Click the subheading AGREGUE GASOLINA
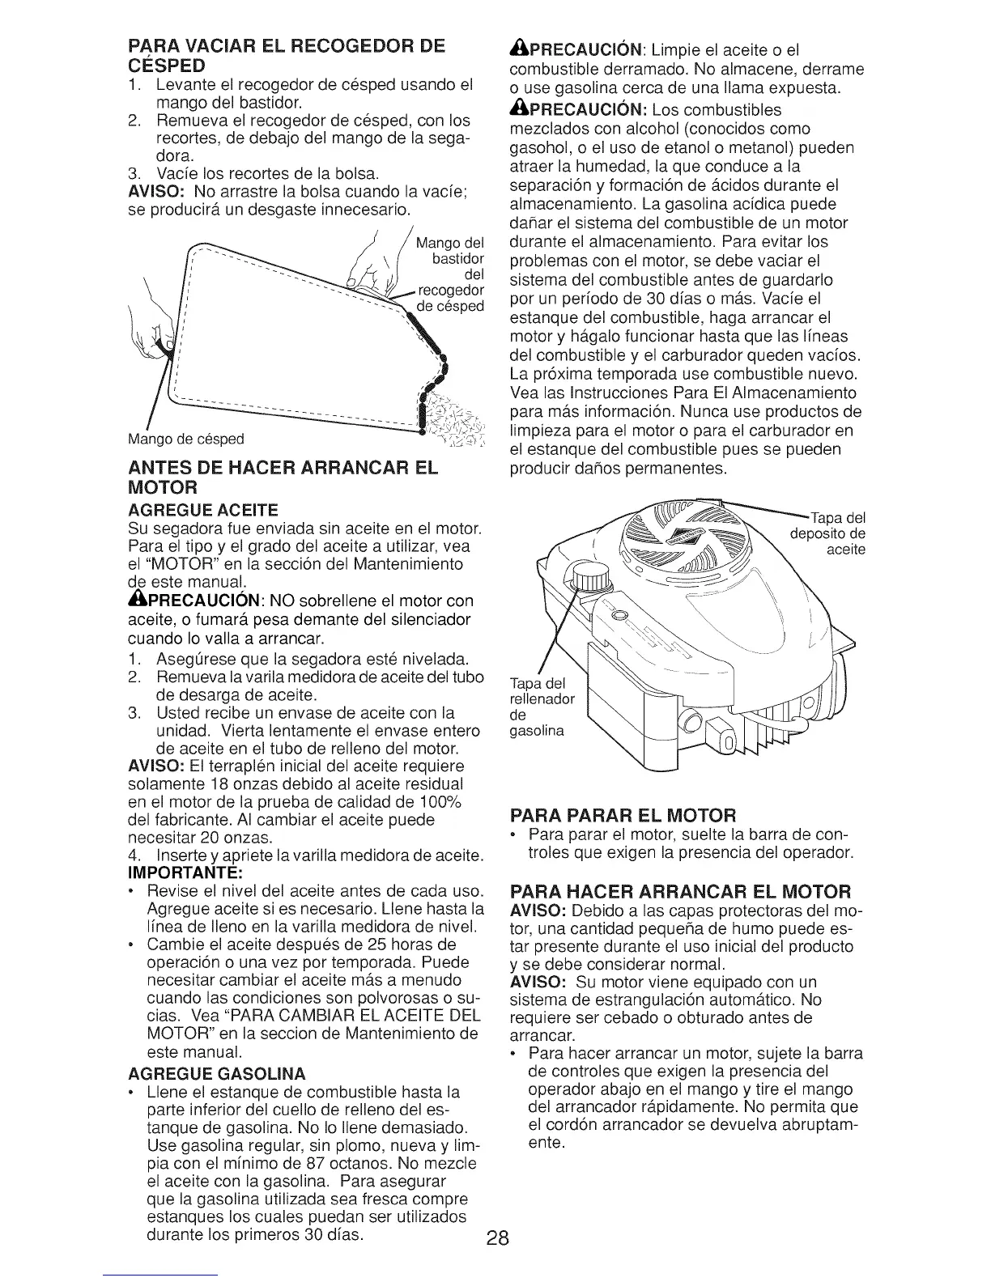(x=216, y=1074)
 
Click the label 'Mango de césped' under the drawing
(x=186, y=439)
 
